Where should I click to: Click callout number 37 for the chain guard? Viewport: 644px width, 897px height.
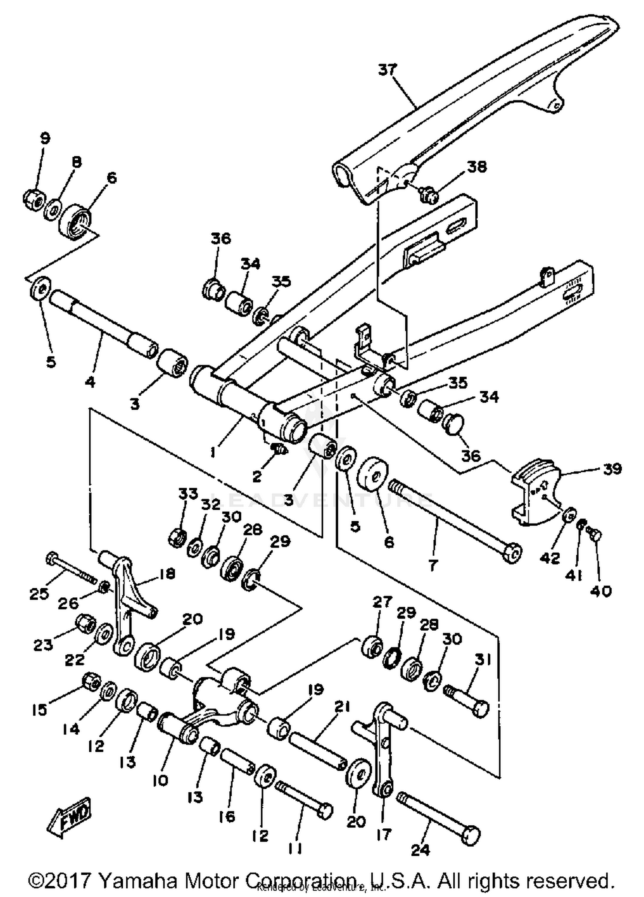pyautogui.click(x=388, y=70)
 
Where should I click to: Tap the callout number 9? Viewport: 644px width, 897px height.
pyautogui.click(x=45, y=138)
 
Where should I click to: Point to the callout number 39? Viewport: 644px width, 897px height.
pyautogui.click(x=612, y=469)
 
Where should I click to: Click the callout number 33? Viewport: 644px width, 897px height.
pyautogui.click(x=188, y=494)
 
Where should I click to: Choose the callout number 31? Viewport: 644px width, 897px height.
pyautogui.click(x=483, y=659)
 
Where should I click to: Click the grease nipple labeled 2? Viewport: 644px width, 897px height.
pyautogui.click(x=279, y=450)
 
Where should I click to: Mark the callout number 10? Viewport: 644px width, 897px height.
pyautogui.click(x=160, y=780)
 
